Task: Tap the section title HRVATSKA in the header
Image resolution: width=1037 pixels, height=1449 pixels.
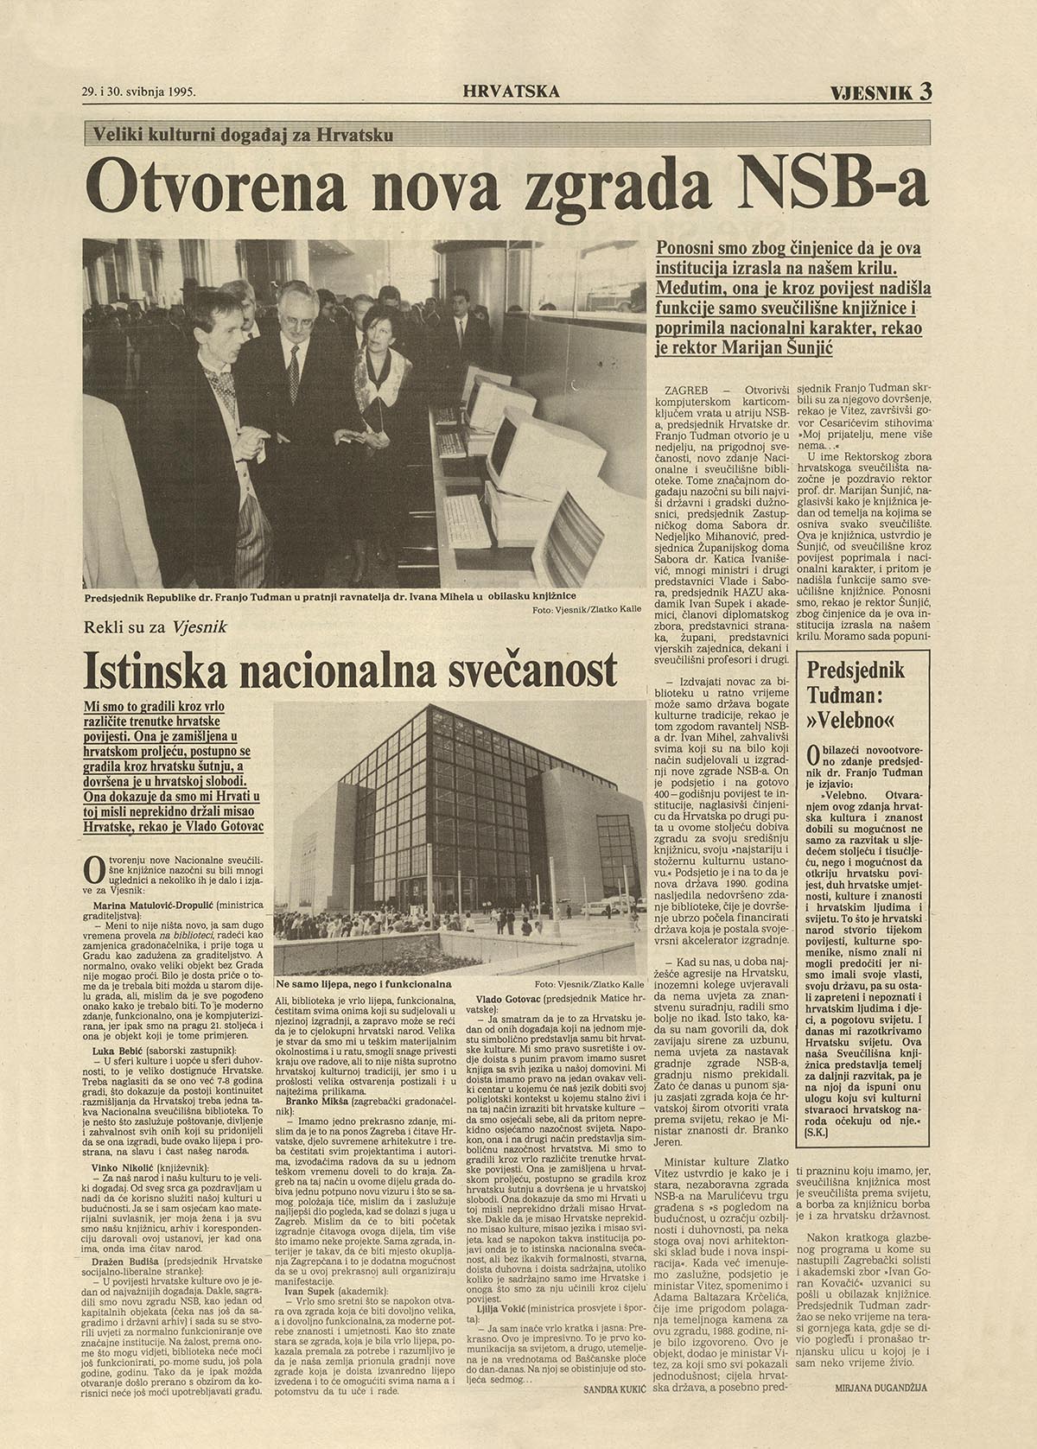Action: point(511,90)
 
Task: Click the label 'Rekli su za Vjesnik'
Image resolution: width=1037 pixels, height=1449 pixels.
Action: point(155,628)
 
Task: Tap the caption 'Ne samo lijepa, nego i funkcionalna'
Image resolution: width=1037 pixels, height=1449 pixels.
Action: point(364,983)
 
